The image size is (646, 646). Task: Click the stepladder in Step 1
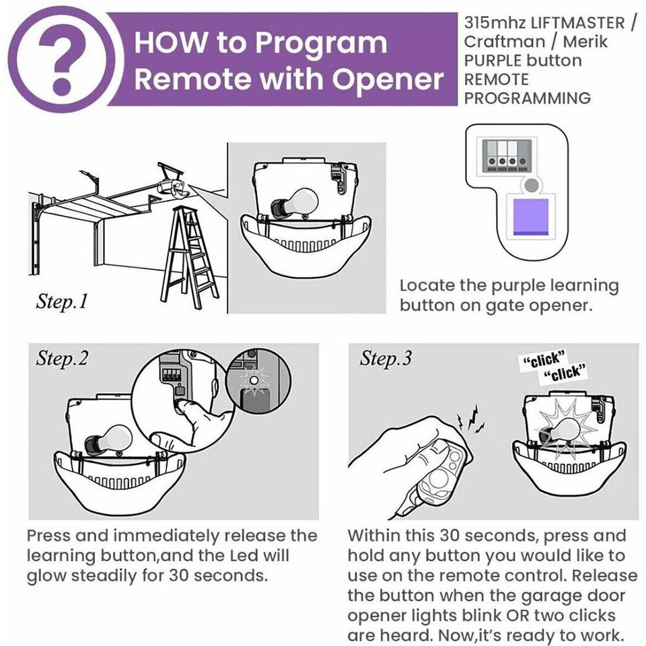pos(192,252)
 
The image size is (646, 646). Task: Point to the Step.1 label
pos(62,301)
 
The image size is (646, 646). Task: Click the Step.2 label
pos(62,359)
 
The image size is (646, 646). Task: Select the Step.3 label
pos(385,359)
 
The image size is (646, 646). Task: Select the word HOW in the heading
pos(169,42)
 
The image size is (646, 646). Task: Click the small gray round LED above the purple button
pos(532,184)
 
